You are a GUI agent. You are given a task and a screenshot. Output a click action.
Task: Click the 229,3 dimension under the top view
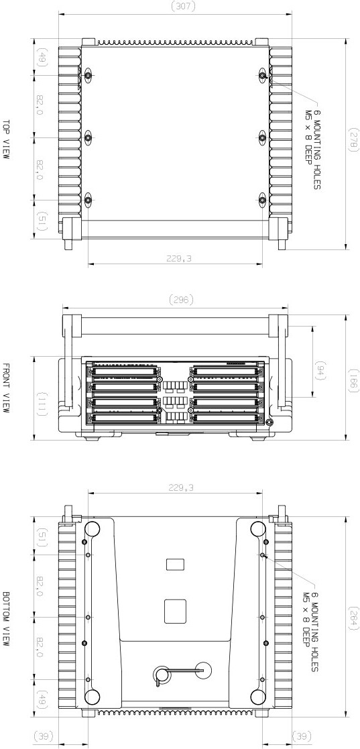(x=174, y=258)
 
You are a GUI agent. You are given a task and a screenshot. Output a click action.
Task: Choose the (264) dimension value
(x=353, y=617)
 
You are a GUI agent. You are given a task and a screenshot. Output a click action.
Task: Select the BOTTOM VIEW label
(x=6, y=618)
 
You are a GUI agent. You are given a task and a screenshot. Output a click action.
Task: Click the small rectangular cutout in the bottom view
(x=175, y=565)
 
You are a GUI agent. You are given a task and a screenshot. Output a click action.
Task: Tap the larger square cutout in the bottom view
(x=175, y=610)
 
